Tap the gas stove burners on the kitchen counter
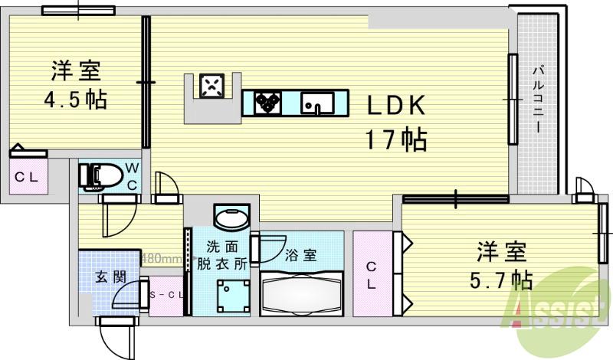267,103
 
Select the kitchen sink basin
314,103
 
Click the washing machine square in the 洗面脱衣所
231,294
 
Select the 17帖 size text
395,139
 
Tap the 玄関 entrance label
110,277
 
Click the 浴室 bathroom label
301,255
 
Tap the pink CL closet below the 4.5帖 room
28,177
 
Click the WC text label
131,175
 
